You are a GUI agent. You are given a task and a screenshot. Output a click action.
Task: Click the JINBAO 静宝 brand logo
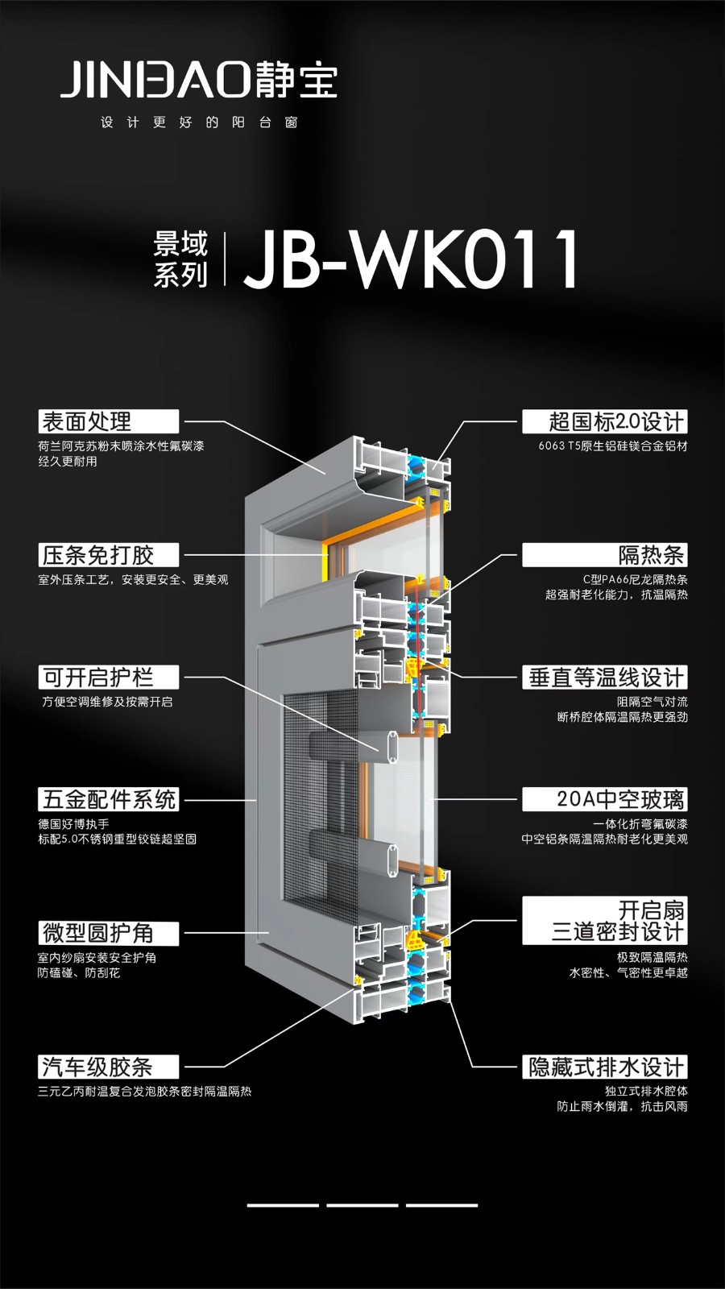coord(198,80)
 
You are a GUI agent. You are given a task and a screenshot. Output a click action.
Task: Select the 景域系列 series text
coord(180,259)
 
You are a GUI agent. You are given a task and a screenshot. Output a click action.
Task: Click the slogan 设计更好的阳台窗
coord(199,122)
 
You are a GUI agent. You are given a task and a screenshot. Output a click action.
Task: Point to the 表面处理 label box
coord(108,421)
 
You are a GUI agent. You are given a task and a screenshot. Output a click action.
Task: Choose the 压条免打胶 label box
coord(108,555)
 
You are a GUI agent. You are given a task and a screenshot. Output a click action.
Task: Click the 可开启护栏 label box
coord(108,678)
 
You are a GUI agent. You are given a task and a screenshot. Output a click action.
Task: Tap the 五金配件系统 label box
coord(108,800)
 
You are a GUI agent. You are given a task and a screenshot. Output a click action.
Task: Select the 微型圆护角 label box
coord(108,933)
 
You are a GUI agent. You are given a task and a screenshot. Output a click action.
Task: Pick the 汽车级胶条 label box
coord(108,1067)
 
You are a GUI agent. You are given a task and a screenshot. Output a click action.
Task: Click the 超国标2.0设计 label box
coord(605,421)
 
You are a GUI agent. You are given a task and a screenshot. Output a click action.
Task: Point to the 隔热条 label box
coord(605,555)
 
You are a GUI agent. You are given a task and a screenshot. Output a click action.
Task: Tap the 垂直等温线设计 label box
coord(605,678)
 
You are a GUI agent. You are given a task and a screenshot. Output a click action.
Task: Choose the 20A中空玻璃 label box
coord(605,800)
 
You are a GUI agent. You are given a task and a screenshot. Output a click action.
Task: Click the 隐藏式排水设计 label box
coord(605,1067)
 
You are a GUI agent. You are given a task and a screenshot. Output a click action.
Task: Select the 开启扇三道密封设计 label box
coord(605,921)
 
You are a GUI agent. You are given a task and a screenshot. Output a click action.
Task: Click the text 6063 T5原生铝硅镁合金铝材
coord(613,446)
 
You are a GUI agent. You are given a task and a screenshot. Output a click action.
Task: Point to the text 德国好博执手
coord(73,824)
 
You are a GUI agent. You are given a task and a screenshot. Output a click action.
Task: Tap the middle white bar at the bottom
coord(362,1205)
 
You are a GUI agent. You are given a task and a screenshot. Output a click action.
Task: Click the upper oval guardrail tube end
coord(391,747)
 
